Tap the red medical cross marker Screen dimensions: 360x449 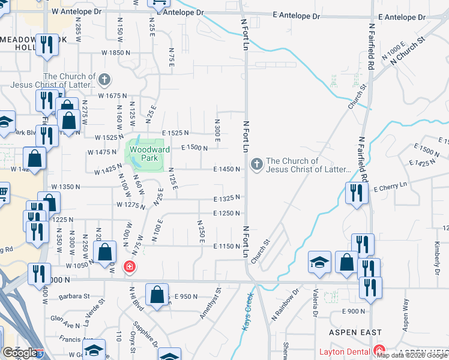pos(128,266)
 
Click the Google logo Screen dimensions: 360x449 pos(20,352)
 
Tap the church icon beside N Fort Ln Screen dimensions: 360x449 pos(257,164)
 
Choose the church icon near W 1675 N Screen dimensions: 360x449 pos(104,80)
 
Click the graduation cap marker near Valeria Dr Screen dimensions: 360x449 pos(319,262)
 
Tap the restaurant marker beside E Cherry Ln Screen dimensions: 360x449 pos(357,193)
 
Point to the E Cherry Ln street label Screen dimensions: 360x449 pos(390,189)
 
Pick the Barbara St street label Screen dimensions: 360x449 pos(74,296)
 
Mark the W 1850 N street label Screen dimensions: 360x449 pos(115,53)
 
